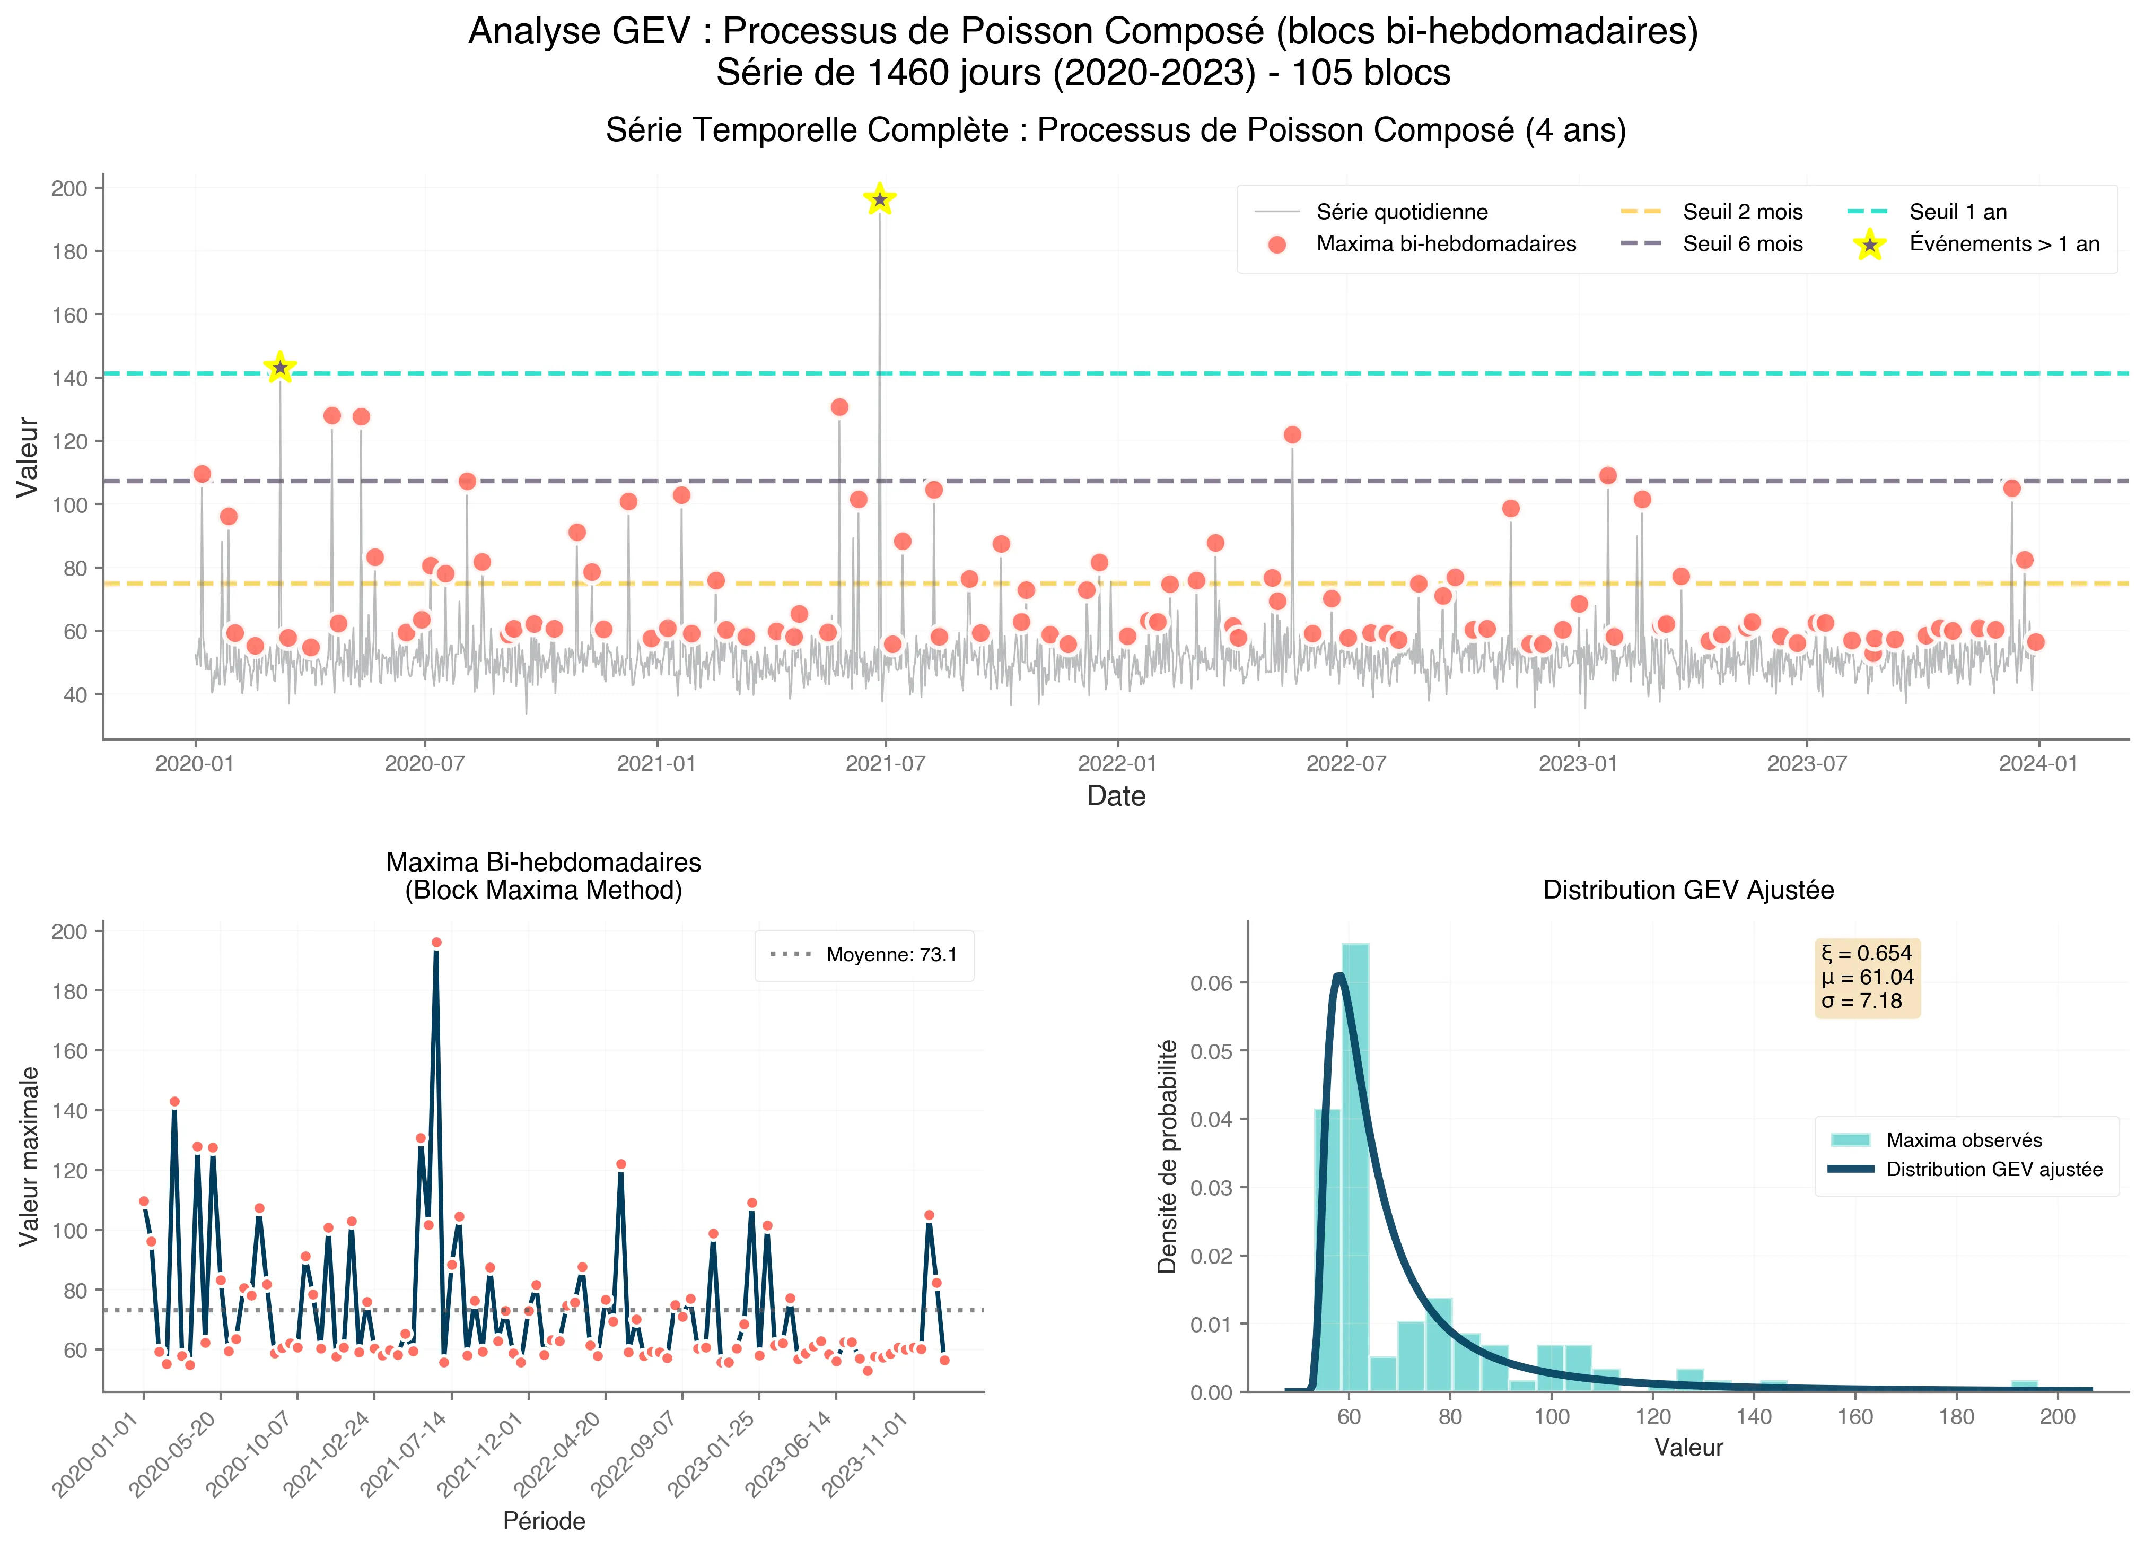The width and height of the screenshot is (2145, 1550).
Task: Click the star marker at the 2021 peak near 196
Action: pyautogui.click(x=880, y=199)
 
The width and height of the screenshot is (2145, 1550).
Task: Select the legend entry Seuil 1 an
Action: pyautogui.click(x=1957, y=212)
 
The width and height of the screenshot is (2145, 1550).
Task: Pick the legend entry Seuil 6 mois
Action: pyautogui.click(x=1742, y=244)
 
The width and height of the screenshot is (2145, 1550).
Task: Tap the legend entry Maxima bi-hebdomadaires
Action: pyautogui.click(x=1445, y=244)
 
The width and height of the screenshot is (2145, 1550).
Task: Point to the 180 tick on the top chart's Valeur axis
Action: pyautogui.click(x=68, y=252)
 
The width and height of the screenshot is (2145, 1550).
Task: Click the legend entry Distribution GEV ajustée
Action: pyautogui.click(x=1994, y=1170)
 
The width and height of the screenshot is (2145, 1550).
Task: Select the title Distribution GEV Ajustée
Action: pyautogui.click(x=1688, y=891)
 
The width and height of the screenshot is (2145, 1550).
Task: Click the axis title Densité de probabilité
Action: pyautogui.click(x=1168, y=1156)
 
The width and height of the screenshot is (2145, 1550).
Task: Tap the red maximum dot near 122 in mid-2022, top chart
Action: pyautogui.click(x=1292, y=436)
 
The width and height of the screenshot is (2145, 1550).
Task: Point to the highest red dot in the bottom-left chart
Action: pyautogui.click(x=436, y=943)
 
